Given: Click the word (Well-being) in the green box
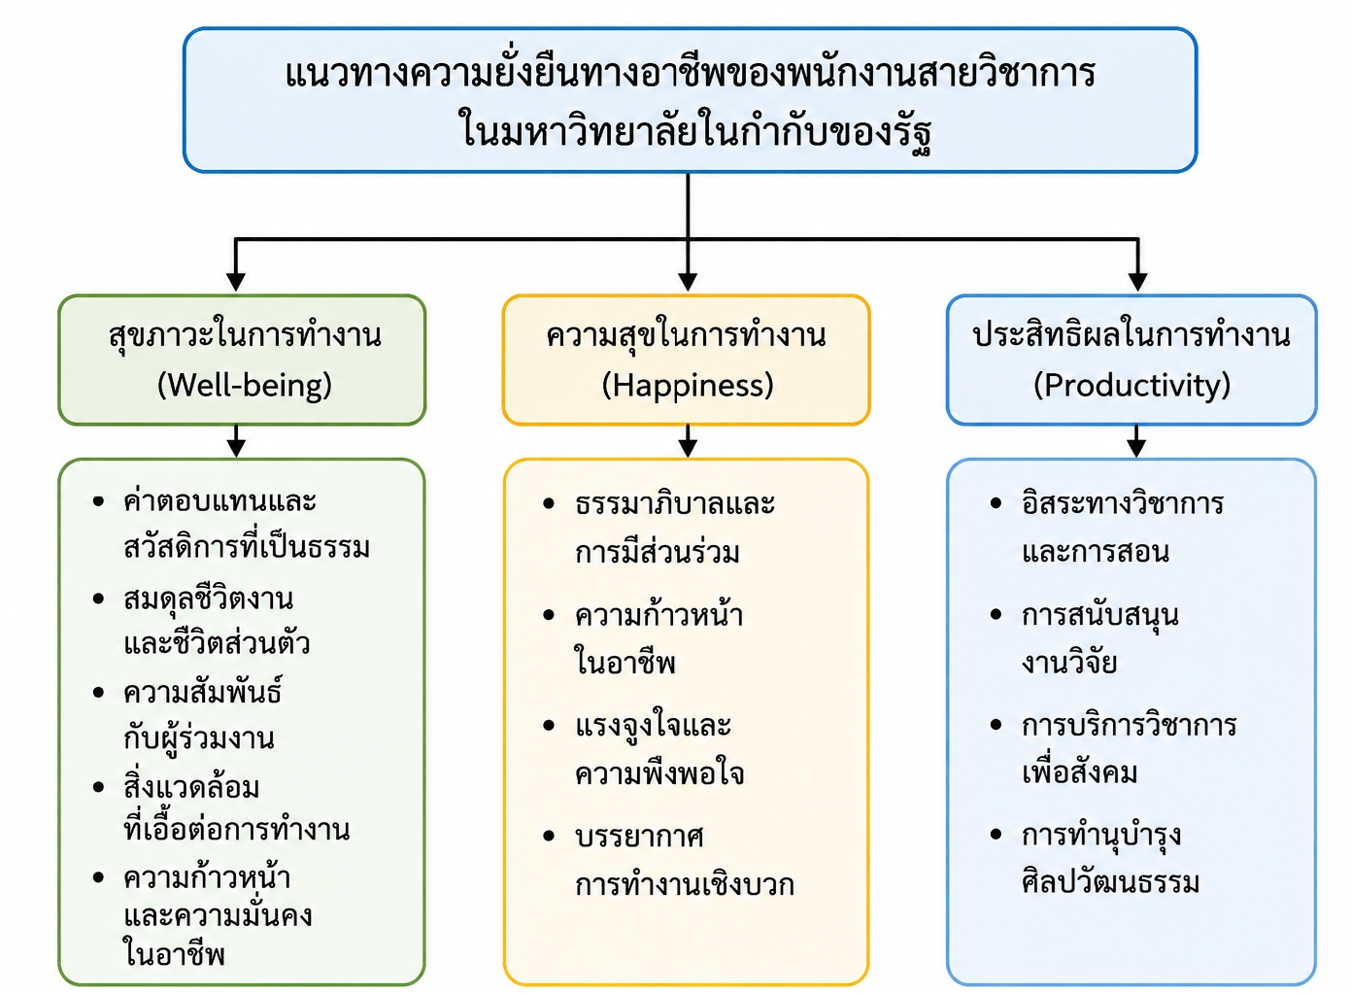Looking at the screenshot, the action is (245, 385).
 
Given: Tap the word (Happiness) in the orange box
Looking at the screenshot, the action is (688, 385).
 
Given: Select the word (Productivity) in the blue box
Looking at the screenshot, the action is (1131, 385).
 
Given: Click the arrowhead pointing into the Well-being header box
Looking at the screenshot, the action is (236, 282).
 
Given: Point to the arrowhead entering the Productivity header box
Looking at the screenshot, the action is (1137, 282).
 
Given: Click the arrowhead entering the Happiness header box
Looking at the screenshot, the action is (688, 282).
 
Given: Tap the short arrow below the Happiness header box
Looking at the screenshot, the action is (688, 440).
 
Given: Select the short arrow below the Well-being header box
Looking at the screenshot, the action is (236, 440).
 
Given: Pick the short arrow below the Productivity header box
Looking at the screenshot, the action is (1136, 440).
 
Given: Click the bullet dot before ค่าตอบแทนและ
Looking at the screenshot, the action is (99, 501).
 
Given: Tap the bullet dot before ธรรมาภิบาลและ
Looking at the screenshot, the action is (549, 504).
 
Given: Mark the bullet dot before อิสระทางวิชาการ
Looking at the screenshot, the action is (996, 502).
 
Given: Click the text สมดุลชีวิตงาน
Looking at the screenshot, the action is (208, 600).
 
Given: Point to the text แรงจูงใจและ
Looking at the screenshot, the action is (653, 725).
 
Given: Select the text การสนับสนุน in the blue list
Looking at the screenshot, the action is (1099, 615).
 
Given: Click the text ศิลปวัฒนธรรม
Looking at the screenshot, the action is (1110, 882).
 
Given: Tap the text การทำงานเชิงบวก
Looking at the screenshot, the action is (685, 884).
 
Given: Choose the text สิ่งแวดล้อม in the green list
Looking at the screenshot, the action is (191, 787).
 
